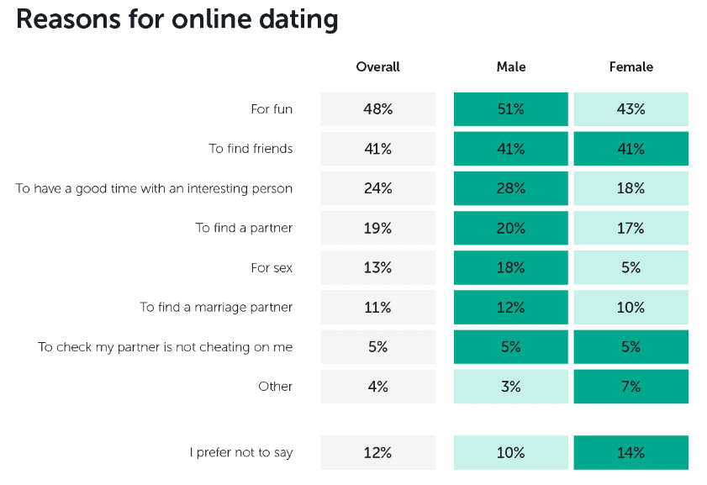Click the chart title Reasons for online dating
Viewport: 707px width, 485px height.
(x=177, y=18)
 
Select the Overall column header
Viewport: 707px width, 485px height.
(x=377, y=67)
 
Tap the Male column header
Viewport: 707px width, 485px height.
(x=511, y=67)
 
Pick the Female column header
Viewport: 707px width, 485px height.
(x=630, y=67)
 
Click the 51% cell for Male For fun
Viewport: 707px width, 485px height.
(x=511, y=109)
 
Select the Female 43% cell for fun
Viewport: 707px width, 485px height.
(x=630, y=109)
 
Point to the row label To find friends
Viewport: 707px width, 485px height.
(x=251, y=149)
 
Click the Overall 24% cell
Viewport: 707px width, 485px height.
(x=377, y=188)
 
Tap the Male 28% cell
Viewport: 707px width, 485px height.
(x=511, y=188)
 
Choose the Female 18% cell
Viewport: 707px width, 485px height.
(x=630, y=188)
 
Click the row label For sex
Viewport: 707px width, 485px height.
(x=272, y=268)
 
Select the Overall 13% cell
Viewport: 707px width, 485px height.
(x=377, y=268)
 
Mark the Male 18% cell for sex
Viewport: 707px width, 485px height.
(x=511, y=268)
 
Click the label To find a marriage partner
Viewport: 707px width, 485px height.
(x=216, y=308)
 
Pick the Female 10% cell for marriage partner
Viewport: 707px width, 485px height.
(x=630, y=308)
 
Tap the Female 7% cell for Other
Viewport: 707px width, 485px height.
(x=630, y=387)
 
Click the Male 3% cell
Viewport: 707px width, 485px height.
(x=511, y=387)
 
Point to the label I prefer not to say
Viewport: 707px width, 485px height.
(x=240, y=453)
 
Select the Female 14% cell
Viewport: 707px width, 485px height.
(x=630, y=453)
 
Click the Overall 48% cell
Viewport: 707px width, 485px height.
(x=377, y=109)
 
